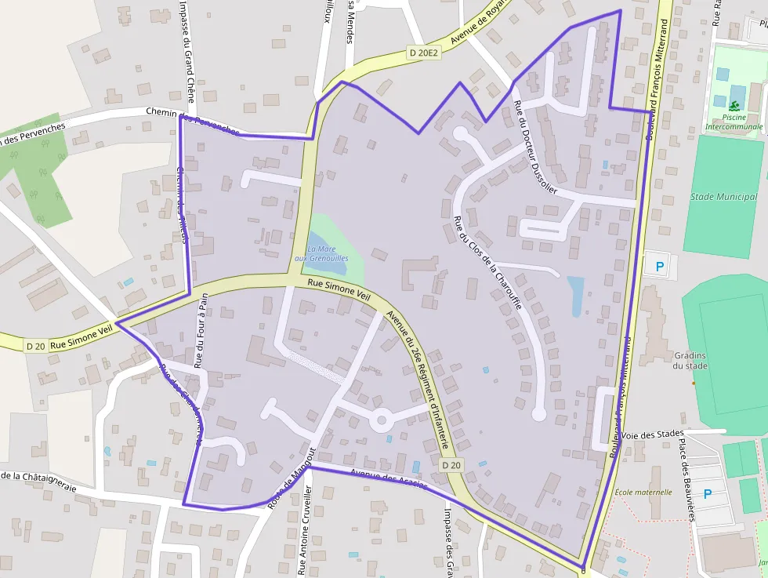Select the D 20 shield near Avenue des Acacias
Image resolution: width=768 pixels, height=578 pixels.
pyautogui.click(x=451, y=465)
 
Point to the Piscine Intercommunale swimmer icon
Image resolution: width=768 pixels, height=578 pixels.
pyautogui.click(x=734, y=106)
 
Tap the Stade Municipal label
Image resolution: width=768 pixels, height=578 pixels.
pyautogui.click(x=723, y=197)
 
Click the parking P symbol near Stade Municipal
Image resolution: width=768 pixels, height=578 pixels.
pyautogui.click(x=659, y=267)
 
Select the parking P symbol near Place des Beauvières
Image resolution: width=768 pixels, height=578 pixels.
pyautogui.click(x=708, y=494)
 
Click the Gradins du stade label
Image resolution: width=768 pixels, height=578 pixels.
pyautogui.click(x=690, y=361)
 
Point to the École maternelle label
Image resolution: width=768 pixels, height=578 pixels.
pyautogui.click(x=643, y=492)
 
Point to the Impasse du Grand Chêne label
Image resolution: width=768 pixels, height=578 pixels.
pyautogui.click(x=188, y=51)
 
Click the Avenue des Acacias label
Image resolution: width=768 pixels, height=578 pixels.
pyautogui.click(x=389, y=479)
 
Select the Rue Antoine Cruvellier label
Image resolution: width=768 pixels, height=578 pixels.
pyautogui.click(x=303, y=530)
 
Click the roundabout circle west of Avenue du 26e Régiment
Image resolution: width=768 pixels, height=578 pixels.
pyautogui.click(x=382, y=420)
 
